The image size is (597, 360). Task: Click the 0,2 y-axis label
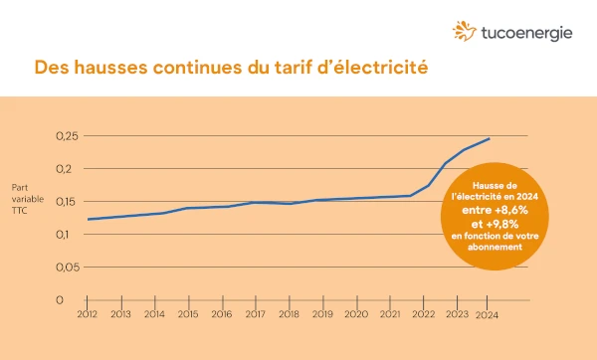click(66, 168)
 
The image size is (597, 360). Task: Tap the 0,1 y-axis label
click(66, 234)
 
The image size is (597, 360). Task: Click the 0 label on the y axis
click(59, 299)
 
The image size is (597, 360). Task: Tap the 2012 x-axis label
click(88, 314)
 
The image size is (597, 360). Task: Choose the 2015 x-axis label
click(187, 314)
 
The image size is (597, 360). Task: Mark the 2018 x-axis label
click(288, 314)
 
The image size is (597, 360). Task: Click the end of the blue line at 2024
click(489, 139)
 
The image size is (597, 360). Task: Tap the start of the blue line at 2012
click(88, 219)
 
